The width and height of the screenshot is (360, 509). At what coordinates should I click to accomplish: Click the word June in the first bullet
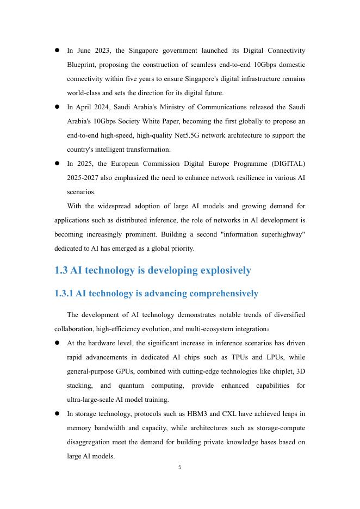(84, 51)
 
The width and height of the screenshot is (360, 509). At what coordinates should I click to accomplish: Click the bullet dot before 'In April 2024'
(57, 107)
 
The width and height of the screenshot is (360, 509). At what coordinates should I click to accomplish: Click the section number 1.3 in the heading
(63, 270)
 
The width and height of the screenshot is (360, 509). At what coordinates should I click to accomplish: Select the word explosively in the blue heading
(226, 270)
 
